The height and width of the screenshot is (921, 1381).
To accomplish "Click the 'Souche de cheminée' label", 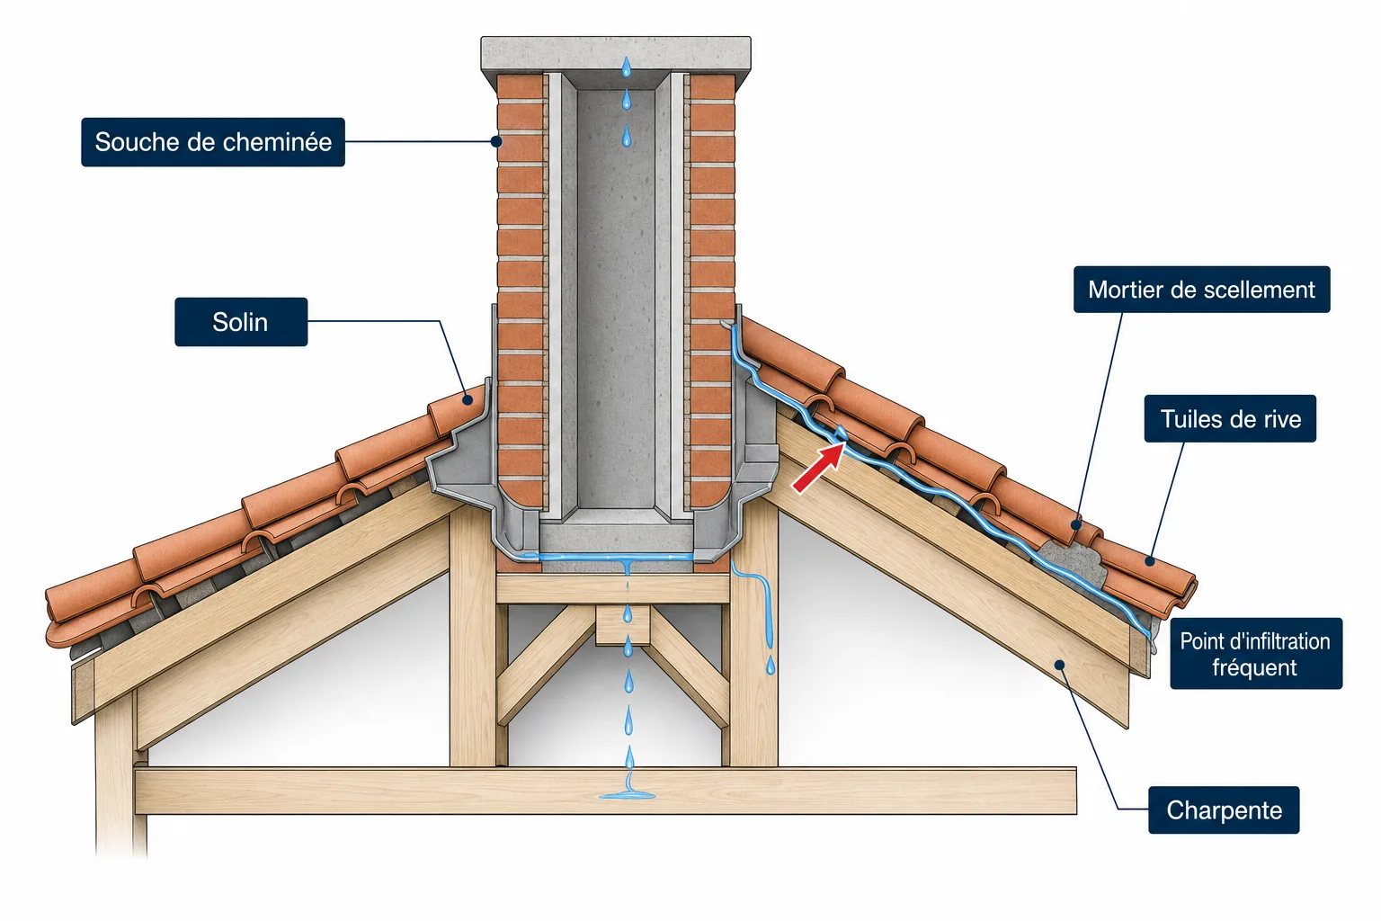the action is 213,142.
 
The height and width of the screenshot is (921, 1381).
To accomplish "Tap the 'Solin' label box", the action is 241,322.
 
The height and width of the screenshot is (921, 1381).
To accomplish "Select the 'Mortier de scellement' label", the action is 1201,290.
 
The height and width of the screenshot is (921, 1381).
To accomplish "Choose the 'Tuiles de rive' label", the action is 1230,419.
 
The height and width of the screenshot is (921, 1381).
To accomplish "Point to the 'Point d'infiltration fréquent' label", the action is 1256,654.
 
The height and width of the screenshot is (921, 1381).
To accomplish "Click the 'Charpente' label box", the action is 1224,810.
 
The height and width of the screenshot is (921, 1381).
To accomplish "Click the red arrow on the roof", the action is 818,469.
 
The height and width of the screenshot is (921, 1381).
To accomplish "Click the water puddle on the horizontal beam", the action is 628,795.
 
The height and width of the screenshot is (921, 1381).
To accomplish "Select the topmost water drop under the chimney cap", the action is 627,67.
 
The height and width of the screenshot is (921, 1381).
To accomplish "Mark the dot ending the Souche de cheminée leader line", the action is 496,141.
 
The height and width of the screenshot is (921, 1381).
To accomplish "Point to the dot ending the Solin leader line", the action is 468,400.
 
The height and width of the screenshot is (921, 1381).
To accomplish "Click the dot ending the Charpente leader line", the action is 1059,665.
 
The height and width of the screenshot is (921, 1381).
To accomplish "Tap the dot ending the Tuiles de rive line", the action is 1149,561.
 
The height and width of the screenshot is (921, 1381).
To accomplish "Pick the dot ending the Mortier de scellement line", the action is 1076,525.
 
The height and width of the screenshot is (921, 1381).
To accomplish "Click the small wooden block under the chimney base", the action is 623,625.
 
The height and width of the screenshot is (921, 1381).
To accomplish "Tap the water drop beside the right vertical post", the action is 771,666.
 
